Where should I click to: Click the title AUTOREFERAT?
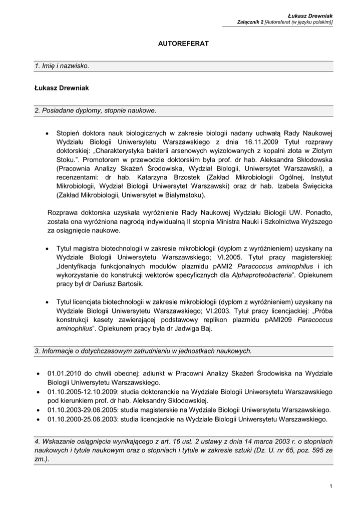point(183,44)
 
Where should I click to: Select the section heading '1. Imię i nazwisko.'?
point(63,66)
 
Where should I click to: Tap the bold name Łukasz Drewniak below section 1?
point(62,88)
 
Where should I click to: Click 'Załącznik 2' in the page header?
point(250,22)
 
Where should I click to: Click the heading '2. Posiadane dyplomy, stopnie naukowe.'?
point(96,110)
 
